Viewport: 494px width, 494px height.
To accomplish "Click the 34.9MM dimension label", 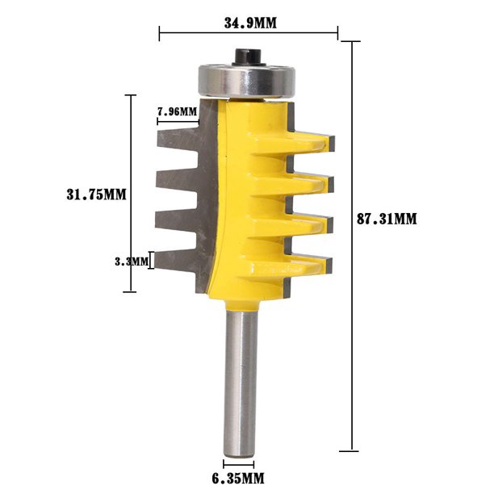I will click(x=249, y=23).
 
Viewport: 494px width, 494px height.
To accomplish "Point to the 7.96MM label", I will click(x=177, y=111).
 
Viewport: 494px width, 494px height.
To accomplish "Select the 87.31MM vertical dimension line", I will click(x=353, y=242).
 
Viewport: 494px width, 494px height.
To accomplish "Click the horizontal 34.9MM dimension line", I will click(x=249, y=35).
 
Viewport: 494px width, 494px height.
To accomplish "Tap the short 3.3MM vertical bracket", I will click(x=153, y=261).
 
